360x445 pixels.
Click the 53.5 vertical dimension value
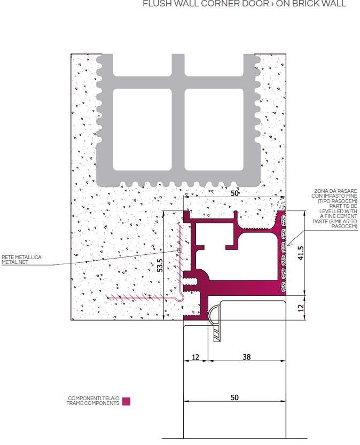(159, 266)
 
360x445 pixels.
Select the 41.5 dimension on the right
(301, 253)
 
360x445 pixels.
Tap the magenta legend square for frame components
(126, 401)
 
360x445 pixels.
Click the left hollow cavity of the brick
(143, 129)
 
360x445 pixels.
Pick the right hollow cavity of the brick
(214, 129)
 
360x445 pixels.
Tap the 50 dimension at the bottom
(234, 397)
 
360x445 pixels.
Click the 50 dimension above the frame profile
(234, 193)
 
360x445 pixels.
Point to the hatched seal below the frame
(217, 335)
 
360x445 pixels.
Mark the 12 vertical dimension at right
(301, 308)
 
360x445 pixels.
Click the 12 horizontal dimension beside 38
(195, 357)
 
